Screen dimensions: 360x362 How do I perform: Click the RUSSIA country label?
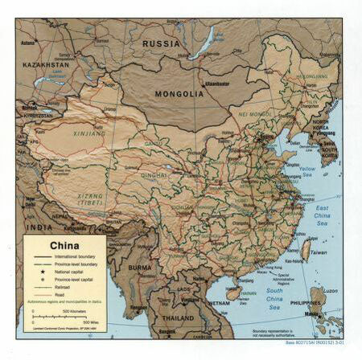[x=161, y=43]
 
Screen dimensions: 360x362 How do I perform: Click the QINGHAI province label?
[x=154, y=174]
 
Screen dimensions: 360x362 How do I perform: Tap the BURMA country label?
[x=138, y=268]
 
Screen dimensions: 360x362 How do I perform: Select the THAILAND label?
[x=178, y=317]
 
